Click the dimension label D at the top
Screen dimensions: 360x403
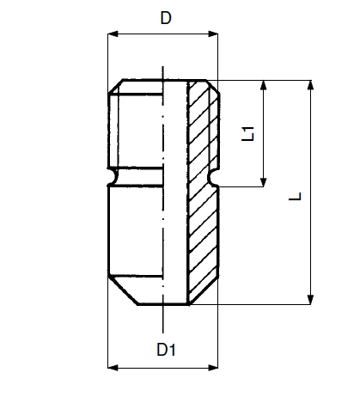pos(166,18)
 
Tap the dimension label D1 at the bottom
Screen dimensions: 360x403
pos(166,350)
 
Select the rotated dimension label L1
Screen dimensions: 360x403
pos(248,133)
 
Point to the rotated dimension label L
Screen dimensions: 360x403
pos(295,196)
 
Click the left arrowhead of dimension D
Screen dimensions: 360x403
pos(113,34)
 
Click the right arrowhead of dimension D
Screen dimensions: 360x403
pos(213,34)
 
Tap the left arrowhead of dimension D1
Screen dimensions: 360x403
pos(113,368)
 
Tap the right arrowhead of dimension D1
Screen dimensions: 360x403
pos(213,368)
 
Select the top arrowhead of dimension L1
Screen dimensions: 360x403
pos(264,85)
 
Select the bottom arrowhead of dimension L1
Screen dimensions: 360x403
pos(264,182)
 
